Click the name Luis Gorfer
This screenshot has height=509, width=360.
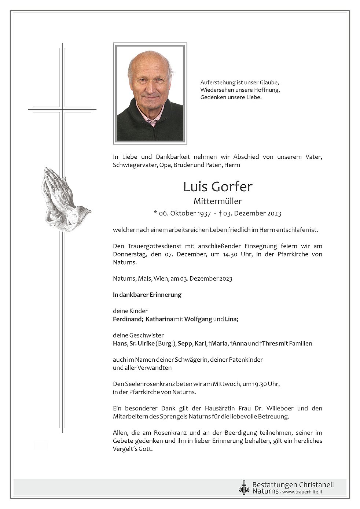[x=218, y=187]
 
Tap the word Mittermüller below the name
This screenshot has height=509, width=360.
[x=218, y=201]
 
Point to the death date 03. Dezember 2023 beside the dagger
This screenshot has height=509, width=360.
[x=252, y=213]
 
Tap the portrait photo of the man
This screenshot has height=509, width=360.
[x=150, y=93]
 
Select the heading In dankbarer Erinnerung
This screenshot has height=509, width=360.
[x=147, y=295]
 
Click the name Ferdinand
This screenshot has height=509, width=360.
[x=127, y=319]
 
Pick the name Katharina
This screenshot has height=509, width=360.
[x=159, y=319]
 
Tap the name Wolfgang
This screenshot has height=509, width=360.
[x=198, y=319]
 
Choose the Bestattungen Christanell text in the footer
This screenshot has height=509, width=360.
[x=293, y=485]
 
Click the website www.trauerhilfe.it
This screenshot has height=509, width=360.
[x=302, y=492]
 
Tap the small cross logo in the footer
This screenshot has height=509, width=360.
[x=244, y=488]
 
